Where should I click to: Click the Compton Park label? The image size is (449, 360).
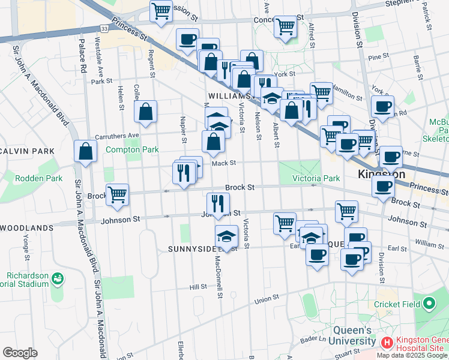[124, 149]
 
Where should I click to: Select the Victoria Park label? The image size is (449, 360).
[316, 178]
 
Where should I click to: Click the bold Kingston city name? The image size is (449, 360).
[381, 175]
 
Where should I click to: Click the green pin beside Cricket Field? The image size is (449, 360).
[428, 304]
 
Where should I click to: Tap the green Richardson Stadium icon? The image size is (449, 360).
[58, 278]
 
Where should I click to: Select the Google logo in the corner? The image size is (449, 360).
[20, 353]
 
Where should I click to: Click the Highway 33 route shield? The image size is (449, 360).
[104, 28]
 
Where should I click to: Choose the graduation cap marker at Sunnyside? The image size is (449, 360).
[226, 235]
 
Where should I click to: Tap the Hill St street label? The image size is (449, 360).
[198, 287]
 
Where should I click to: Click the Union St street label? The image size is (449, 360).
[267, 299]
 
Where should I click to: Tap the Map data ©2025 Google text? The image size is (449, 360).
[412, 355]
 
